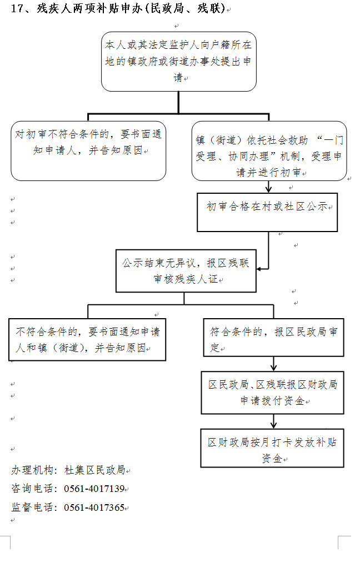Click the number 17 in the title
(17, 8)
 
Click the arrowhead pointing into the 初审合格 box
(269, 189)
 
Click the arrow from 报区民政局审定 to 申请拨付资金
(274, 364)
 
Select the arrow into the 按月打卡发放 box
(274, 421)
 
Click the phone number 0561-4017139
(94, 489)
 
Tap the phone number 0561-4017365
(94, 507)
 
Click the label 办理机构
(33, 470)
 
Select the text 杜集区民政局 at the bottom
(95, 470)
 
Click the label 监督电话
(33, 507)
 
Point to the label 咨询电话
(33, 489)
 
